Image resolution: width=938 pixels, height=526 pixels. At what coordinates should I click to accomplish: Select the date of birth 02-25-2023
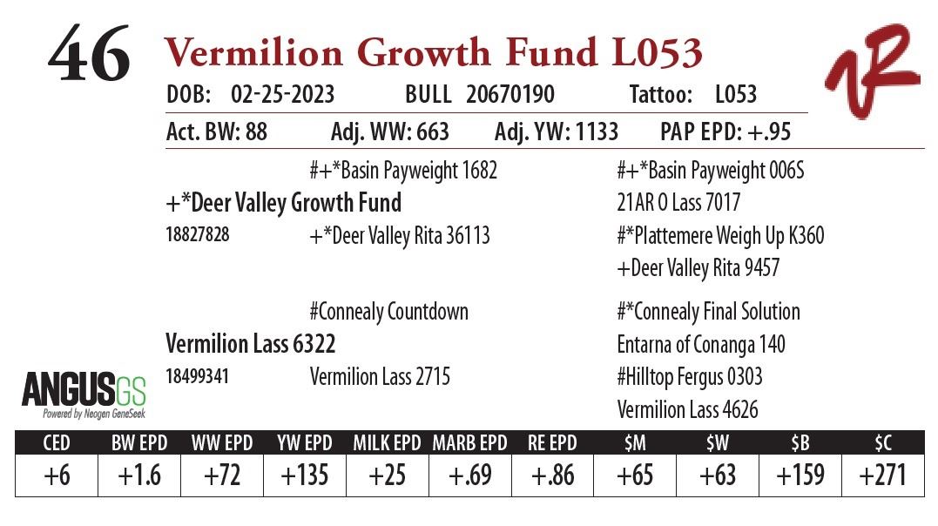coord(282,95)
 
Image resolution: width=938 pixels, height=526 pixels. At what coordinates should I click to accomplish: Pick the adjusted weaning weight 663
coord(428,131)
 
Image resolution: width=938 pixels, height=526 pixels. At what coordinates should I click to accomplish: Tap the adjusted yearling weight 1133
coord(591,131)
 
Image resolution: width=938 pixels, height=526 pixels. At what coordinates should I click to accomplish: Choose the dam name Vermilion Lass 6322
coord(250,344)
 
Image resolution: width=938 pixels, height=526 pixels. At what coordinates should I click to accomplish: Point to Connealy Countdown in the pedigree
coord(388,312)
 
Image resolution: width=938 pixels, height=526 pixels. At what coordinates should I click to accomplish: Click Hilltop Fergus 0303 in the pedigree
coord(689,377)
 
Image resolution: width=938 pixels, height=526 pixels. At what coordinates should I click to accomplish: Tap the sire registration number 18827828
coord(198,234)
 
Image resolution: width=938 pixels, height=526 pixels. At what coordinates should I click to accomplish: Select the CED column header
coord(57,442)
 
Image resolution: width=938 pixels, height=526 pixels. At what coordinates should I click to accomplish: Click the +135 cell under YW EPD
coord(305,475)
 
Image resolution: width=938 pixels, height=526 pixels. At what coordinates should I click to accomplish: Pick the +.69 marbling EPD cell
coord(469,475)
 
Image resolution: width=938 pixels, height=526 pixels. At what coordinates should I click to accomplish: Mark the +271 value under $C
coord(882,475)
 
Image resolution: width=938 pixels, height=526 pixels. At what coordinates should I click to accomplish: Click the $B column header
coord(800,442)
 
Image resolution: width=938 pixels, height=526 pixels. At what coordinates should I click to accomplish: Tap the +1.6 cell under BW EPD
coord(139,475)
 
